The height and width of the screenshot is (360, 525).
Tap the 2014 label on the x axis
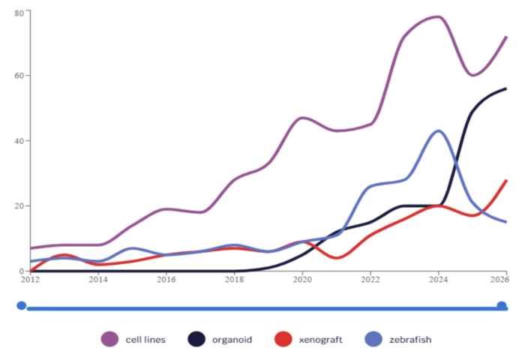97,279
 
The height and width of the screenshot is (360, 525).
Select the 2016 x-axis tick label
166,279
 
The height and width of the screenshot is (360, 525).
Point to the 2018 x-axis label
234,279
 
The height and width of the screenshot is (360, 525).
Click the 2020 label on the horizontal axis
302,279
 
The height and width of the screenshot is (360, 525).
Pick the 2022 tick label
370,279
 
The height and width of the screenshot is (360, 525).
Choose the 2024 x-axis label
439,279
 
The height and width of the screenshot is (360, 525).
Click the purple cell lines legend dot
111,339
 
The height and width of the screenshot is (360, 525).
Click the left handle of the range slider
22,305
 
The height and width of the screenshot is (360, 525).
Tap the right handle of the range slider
502,305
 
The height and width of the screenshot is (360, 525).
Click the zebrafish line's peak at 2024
439,130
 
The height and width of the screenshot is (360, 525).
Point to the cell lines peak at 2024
438,16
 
